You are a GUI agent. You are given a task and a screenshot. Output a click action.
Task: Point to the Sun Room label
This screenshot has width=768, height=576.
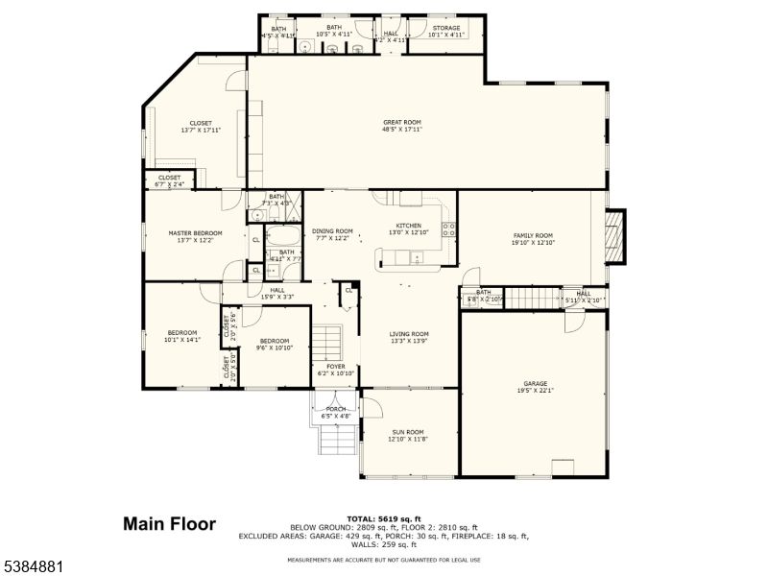[x=410, y=432]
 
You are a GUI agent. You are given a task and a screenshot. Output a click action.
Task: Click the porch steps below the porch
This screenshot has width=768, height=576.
[x=337, y=441]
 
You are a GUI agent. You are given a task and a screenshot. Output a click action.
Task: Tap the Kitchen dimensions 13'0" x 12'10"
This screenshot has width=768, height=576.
[x=409, y=232]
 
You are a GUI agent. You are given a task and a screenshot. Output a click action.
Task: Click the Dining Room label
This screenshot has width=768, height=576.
[x=332, y=230]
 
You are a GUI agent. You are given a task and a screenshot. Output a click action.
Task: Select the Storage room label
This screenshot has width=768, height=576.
[x=445, y=28]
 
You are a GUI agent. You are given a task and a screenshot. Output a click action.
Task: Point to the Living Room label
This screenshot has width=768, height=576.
[x=409, y=334]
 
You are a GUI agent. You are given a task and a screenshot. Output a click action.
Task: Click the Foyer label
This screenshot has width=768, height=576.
[x=335, y=366]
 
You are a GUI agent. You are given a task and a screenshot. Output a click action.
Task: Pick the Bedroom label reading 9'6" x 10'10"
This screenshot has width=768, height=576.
[x=275, y=345]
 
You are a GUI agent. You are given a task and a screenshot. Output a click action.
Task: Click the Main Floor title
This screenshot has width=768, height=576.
[x=169, y=524]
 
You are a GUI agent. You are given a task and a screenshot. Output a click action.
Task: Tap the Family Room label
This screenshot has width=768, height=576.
[x=533, y=235]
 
